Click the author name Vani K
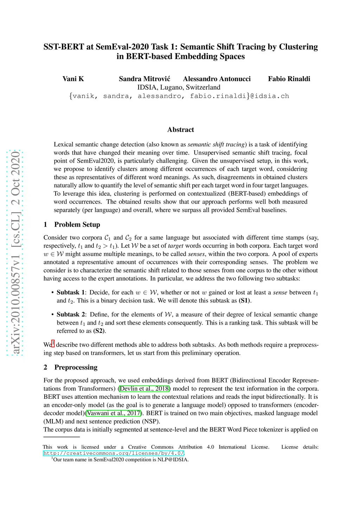pyautogui.click(x=73, y=79)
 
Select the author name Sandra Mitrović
pyautogui.click(x=144, y=79)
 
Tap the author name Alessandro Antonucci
pyautogui.click(x=217, y=79)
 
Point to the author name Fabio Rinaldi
pyautogui.click(x=289, y=79)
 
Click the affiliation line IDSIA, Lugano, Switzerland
pyautogui.click(x=179, y=87)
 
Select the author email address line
pyautogui.click(x=179, y=96)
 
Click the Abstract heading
pyautogui.click(x=180, y=130)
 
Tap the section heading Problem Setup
pyautogui.click(x=77, y=224)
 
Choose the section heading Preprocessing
pyautogui.click(x=76, y=367)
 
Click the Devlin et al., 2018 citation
pyautogui.click(x=144, y=389)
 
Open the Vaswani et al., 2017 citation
pyautogui.click(x=115, y=413)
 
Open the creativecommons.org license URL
pyautogui.click(x=114, y=453)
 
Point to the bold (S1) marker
pyautogui.click(x=245, y=301)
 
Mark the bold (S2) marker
pyautogui.click(x=99, y=331)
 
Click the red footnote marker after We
pyautogui.click(x=53, y=343)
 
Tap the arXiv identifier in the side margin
pyautogui.click(x=15, y=253)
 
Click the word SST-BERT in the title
pyautogui.click(x=64, y=47)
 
